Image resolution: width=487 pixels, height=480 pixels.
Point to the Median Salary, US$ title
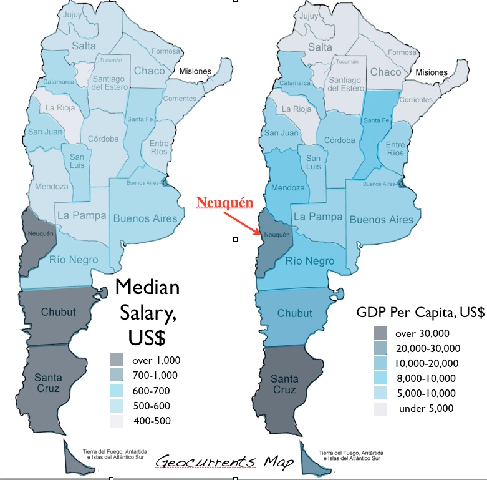point(147,311)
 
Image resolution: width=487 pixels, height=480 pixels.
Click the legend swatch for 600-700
point(117,391)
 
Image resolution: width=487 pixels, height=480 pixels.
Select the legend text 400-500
point(152,421)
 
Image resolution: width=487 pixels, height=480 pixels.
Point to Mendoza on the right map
point(287,187)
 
